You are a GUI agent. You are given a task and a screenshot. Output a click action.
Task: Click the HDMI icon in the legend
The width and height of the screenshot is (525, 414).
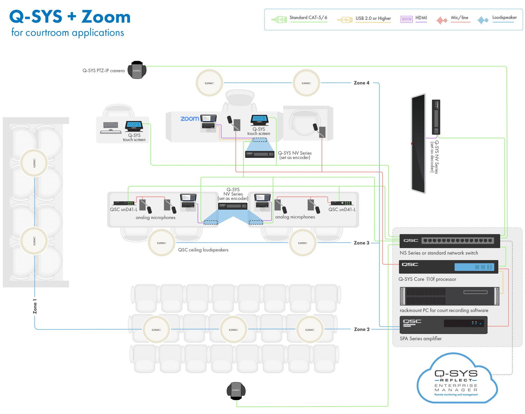[406, 19]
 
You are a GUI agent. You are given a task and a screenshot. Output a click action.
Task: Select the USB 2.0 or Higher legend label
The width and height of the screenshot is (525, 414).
[373, 18]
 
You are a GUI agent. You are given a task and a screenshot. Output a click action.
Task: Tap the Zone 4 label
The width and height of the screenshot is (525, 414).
[361, 83]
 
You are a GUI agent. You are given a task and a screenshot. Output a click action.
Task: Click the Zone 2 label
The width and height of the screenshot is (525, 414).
[362, 329]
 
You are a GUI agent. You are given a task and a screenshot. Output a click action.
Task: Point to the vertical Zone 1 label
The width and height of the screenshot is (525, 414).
[35, 306]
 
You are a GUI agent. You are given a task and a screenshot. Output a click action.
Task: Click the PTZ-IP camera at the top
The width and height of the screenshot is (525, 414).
[137, 70]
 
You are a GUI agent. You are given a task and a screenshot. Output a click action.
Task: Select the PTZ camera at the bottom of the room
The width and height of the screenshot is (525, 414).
[236, 391]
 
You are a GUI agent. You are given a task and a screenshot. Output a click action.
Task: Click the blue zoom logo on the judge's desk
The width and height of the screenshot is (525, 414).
[190, 119]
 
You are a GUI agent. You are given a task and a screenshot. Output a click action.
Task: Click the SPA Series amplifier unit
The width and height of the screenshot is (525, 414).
[443, 325]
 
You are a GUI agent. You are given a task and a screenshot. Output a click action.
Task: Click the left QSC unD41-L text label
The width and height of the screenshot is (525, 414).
[124, 209]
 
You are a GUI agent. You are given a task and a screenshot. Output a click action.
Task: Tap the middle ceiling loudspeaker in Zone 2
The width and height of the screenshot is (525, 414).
[233, 330]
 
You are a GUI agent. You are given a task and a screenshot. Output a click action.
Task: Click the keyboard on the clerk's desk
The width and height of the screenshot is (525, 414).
[111, 125]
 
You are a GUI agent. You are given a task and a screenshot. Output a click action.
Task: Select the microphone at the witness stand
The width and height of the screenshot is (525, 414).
[319, 130]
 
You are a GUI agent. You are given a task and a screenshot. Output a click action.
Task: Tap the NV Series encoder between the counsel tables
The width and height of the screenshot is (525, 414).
[233, 206]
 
